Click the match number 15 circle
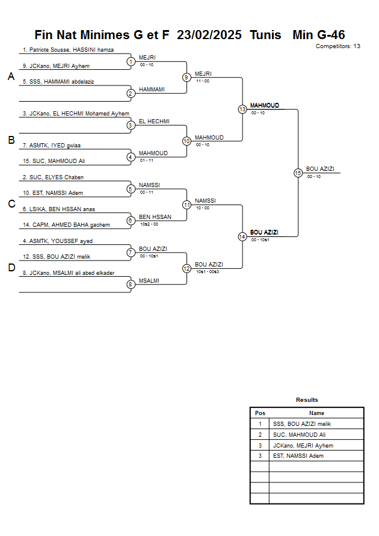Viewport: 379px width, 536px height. [x=298, y=173]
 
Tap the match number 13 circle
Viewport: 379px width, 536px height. [x=242, y=109]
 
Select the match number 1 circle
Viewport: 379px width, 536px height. [x=131, y=61]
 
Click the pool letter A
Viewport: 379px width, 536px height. [x=11, y=76]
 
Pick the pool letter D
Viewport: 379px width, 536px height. [x=11, y=268]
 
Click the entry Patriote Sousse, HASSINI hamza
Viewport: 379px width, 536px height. [x=68, y=50]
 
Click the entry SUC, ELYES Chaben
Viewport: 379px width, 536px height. [x=53, y=177]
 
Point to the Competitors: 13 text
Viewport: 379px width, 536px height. [x=337, y=46]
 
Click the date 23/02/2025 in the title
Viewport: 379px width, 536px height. [x=210, y=35]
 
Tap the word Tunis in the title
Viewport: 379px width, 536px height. [x=265, y=35]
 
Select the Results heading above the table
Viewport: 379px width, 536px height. [x=307, y=400]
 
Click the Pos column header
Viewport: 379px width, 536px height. [x=260, y=413]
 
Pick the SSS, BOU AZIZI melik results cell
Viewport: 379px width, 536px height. [x=302, y=424]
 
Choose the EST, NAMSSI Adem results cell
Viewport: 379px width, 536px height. [x=298, y=456]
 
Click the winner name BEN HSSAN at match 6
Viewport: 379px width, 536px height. [x=155, y=217]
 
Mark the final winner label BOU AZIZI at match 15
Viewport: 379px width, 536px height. [x=320, y=169]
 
